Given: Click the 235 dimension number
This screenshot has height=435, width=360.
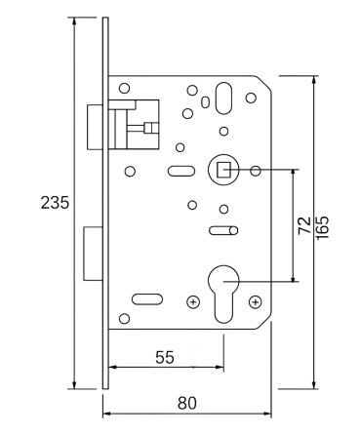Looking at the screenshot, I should click(x=54, y=204).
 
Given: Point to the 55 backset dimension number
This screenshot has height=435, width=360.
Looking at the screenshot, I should click(x=166, y=358).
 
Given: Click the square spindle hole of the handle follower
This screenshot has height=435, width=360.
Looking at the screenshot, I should click(x=224, y=171).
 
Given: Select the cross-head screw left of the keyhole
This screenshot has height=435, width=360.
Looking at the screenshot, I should click(x=192, y=301).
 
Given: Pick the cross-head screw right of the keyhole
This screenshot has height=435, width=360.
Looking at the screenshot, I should click(x=256, y=301).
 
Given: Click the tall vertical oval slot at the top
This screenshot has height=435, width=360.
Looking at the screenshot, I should click(x=224, y=99).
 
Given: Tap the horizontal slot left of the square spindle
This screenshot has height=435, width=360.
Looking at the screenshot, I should click(x=181, y=173).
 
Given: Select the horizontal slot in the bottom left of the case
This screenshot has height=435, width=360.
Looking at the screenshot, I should click(x=146, y=297).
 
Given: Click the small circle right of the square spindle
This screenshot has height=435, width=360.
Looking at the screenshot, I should click(x=256, y=171).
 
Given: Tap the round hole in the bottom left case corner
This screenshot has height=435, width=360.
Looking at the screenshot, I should click(x=124, y=319).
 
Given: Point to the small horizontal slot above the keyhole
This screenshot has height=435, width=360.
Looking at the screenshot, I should click(x=221, y=230).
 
